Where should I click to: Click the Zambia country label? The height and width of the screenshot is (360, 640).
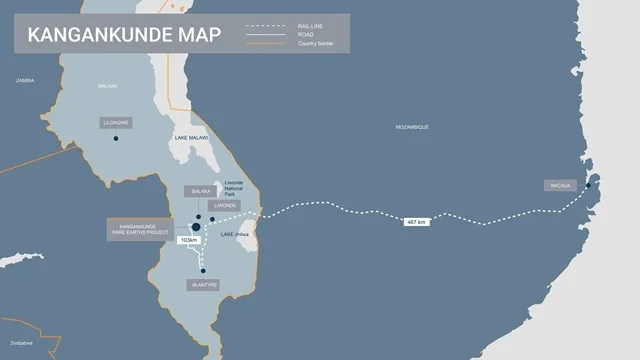tap(24, 79)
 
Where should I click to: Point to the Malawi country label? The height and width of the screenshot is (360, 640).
tap(108, 86)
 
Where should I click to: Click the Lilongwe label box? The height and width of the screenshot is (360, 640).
tap(116, 123)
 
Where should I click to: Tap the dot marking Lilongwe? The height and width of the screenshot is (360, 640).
tap(116, 138)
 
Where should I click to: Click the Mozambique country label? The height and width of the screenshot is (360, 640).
tap(412, 127)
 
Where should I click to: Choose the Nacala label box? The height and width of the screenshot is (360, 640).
tap(559, 185)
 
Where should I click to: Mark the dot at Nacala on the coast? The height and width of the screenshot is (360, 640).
tap(588, 185)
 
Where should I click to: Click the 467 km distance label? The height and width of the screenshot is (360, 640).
tap(417, 221)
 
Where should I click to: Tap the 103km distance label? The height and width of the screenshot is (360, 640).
tap(187, 240)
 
